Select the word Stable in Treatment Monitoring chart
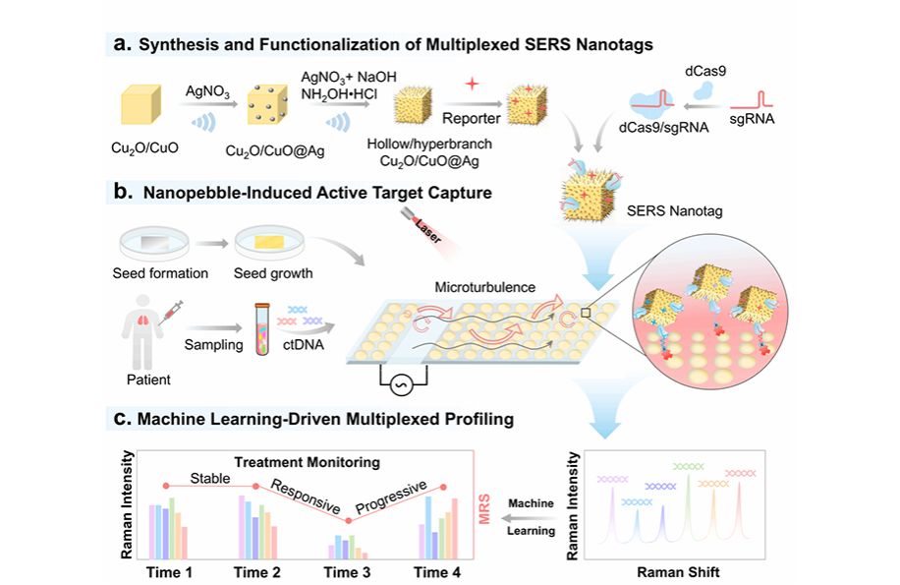click(210, 479)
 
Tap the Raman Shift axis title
click(672, 571)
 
